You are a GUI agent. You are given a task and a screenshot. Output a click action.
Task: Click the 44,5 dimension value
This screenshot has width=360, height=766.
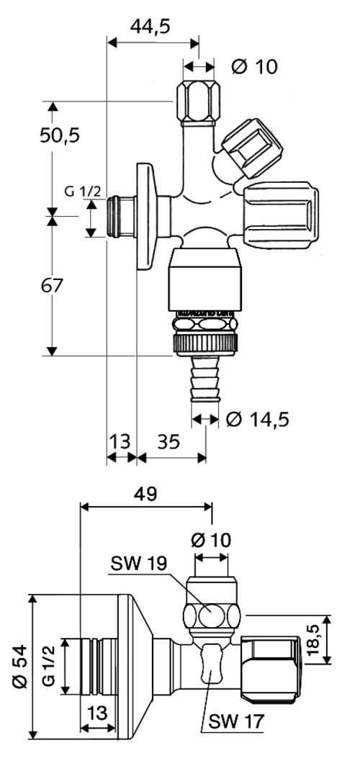coord(150,27)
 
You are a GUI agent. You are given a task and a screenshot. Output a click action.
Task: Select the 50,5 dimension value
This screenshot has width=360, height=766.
coord(60,135)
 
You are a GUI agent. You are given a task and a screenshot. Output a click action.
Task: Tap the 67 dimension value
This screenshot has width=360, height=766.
coord(52,285)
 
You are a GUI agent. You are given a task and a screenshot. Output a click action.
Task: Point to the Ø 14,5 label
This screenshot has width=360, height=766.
coord(258,419)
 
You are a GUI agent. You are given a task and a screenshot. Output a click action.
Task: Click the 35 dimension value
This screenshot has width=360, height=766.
coord(168,441)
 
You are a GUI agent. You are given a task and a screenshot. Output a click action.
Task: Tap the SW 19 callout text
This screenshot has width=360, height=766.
coord(139,563)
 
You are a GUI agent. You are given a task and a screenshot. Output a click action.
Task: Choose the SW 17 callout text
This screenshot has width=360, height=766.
coord(236,720)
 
